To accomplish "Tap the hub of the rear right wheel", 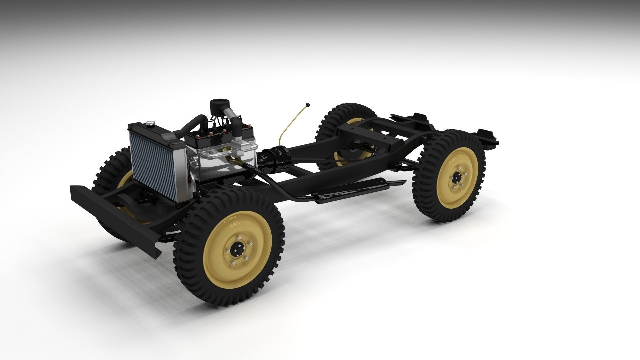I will point(457,181).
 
